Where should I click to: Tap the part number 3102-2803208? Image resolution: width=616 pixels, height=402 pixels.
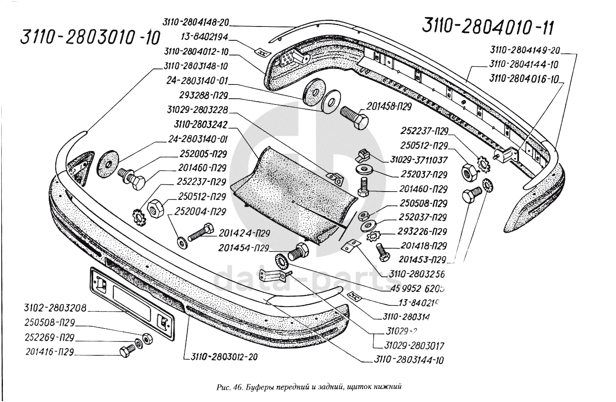(x=55, y=309)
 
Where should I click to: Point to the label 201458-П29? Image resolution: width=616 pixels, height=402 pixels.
(x=390, y=107)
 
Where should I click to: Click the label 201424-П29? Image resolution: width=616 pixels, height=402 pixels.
(x=244, y=233)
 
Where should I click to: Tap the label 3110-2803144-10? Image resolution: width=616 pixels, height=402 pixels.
(x=408, y=360)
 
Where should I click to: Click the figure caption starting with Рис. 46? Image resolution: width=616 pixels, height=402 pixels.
(x=308, y=387)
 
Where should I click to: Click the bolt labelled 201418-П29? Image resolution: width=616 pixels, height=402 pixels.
(x=383, y=251)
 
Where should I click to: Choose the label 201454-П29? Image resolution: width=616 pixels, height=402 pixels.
(x=243, y=248)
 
